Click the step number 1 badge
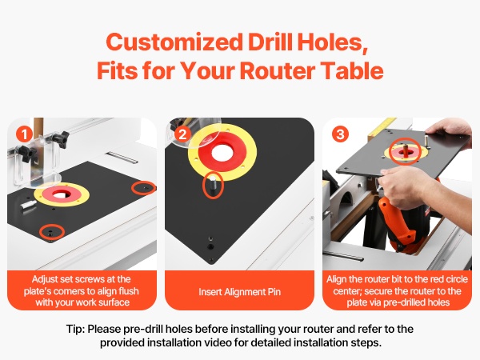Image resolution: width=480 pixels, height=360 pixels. (x=25, y=134)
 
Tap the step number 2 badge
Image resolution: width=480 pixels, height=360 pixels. (x=182, y=134)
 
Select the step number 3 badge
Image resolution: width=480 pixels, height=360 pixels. (x=340, y=134)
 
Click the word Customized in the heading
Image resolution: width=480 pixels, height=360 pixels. (x=174, y=42)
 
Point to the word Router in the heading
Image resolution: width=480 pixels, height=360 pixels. (x=277, y=70)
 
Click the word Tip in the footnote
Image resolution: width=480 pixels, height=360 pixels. (x=74, y=329)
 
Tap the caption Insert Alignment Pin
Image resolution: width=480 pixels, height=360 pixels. (x=239, y=292)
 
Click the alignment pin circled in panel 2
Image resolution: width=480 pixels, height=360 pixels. (x=213, y=185)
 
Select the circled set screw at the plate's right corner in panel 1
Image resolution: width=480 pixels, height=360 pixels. (x=143, y=188)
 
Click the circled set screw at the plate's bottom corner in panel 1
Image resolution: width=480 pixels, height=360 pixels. (x=51, y=232)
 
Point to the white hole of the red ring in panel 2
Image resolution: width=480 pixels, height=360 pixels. (x=222, y=152)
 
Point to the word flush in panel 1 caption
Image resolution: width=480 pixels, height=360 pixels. (x=128, y=291)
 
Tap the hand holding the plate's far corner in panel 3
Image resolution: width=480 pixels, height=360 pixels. (x=450, y=132)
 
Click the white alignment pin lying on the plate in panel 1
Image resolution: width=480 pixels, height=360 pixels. (x=29, y=204)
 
